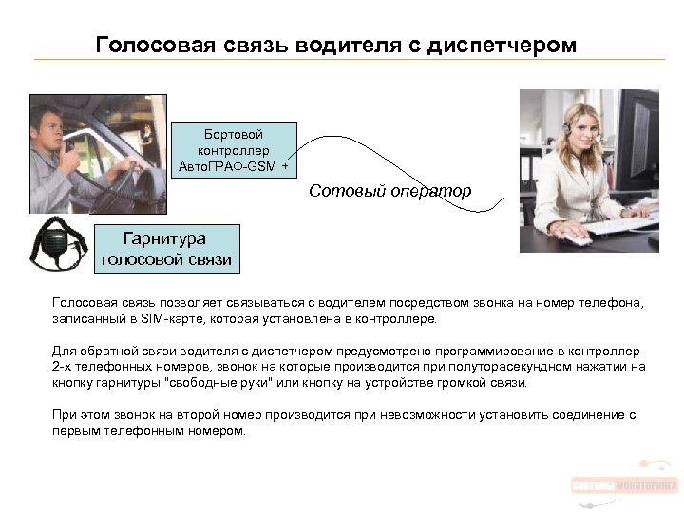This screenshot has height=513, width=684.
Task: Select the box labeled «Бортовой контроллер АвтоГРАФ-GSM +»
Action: point(234,150)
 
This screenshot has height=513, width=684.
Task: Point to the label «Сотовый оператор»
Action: point(389,192)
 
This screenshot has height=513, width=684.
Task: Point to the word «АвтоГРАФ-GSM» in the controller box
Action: point(227,166)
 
